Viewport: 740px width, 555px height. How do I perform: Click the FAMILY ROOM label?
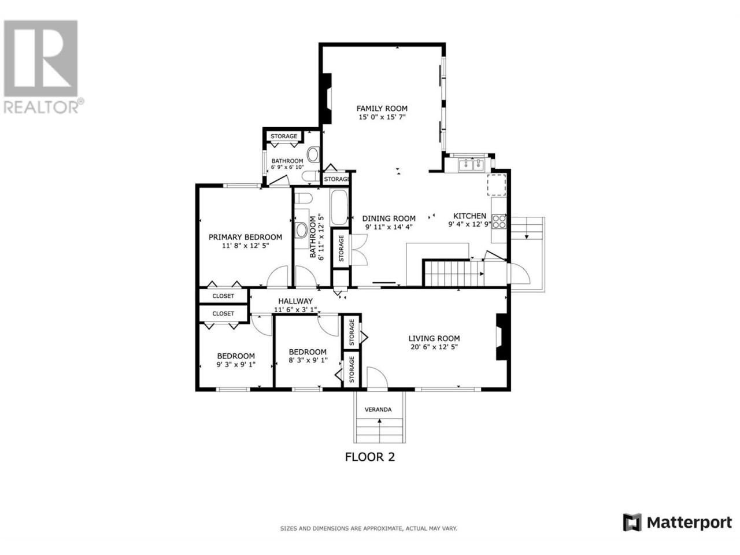point(382,109)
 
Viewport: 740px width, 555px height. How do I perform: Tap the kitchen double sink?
point(470,165)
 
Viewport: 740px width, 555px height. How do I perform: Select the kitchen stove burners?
point(498,221)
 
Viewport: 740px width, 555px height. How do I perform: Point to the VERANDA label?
point(378,409)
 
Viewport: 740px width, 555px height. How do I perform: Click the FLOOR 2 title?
point(369,457)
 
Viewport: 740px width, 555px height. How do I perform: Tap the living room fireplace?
point(501,337)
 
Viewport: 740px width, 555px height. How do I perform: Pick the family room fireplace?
point(327,98)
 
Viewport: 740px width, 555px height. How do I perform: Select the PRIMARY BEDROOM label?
point(245,237)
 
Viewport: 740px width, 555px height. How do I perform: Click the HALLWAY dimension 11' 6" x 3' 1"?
point(295,310)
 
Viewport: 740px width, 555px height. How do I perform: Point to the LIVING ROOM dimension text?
point(434,347)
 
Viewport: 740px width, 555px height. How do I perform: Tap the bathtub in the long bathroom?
point(339,208)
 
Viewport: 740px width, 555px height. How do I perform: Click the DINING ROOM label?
point(388,219)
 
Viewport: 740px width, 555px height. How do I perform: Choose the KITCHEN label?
point(469,216)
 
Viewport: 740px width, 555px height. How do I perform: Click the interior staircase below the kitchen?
point(454,273)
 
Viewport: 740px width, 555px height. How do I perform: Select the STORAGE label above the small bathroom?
point(284,136)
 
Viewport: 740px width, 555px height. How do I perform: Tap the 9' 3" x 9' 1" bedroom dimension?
point(236,364)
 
